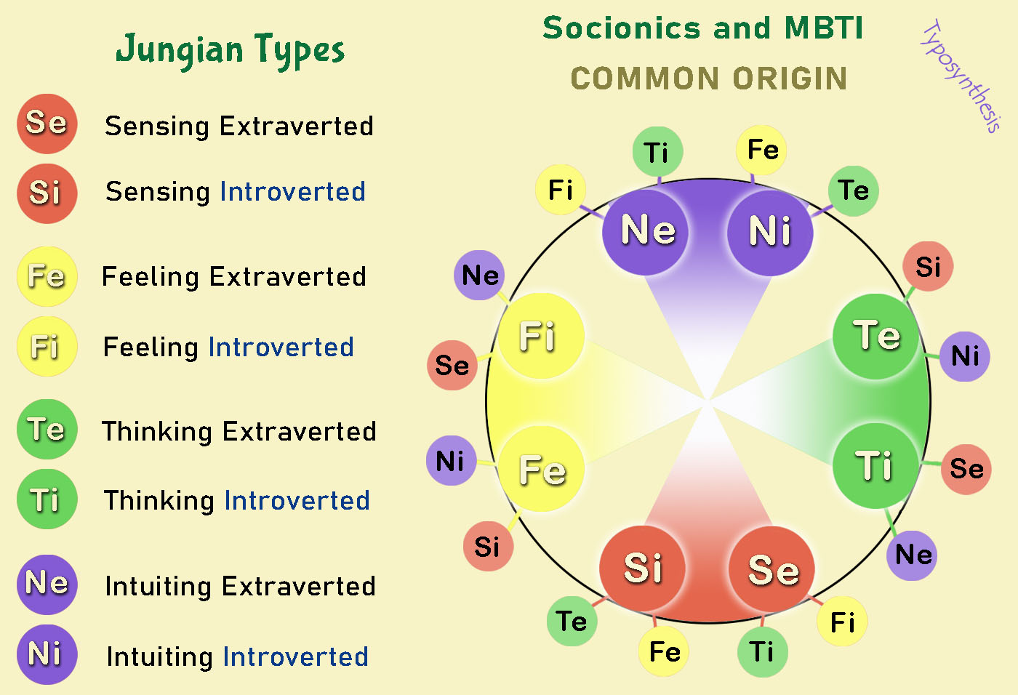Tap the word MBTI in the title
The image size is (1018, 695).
coord(824,28)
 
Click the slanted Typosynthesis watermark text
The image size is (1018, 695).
coord(961,76)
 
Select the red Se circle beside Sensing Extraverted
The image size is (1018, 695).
coord(47,124)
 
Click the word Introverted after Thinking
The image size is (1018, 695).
coord(297,500)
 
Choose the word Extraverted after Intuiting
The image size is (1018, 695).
coord(299,586)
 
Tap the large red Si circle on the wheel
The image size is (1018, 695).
coord(643,568)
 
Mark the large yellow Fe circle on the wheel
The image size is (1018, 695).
coord(542,469)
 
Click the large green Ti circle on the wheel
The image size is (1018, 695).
coord(875,465)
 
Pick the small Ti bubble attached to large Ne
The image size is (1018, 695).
coord(657,152)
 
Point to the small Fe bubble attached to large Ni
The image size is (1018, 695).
coord(762,150)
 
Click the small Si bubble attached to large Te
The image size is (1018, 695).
coord(928,267)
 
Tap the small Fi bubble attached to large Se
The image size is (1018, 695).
coord(842,622)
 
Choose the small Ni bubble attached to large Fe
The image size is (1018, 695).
coord(451,460)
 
